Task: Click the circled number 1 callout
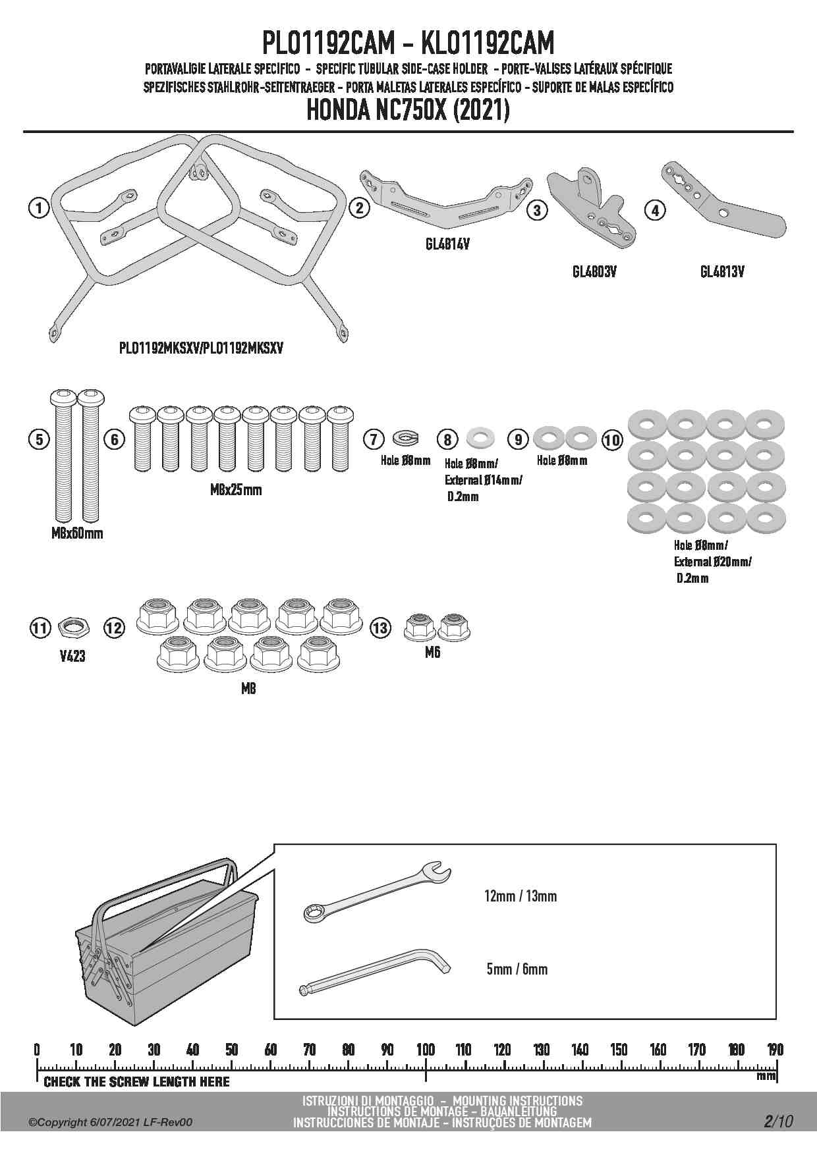click(40, 209)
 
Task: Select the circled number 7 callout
click(374, 439)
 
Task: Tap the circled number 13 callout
click(380, 628)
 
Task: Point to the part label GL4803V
click(594, 271)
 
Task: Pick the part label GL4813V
click(721, 271)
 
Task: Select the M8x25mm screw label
click(236, 490)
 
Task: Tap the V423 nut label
click(72, 656)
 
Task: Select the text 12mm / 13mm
click(520, 896)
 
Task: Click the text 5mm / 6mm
click(517, 969)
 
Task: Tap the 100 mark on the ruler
click(426, 1050)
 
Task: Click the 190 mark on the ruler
click(775, 1050)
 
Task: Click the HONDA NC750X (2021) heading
click(408, 111)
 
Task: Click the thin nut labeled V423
click(72, 628)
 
